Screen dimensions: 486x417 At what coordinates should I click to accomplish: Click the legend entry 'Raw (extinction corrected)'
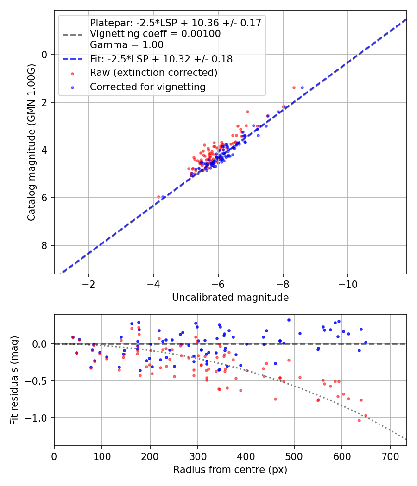tap(153, 73)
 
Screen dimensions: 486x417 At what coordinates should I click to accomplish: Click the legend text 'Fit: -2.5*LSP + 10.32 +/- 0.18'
tap(161, 59)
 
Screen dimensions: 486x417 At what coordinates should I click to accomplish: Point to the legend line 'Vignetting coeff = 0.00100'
tap(155, 34)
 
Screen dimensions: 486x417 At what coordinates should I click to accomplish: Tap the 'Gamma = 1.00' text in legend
tap(126, 45)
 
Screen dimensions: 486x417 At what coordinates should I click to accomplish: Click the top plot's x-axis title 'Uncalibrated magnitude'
tap(230, 298)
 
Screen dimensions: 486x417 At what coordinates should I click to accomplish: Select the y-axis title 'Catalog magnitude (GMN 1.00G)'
tap(31, 142)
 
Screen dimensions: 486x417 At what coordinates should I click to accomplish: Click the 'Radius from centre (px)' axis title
tap(230, 470)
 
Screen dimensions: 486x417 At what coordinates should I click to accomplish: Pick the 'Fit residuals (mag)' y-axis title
tap(14, 380)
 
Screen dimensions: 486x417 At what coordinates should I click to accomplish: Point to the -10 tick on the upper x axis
tap(347, 284)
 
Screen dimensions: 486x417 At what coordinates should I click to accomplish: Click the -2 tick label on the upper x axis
tap(88, 284)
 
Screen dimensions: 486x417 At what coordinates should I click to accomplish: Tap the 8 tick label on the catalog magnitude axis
tap(45, 245)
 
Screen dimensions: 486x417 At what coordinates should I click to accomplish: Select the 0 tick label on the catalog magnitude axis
tap(45, 55)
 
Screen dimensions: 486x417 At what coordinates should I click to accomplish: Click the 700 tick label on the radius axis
tap(390, 456)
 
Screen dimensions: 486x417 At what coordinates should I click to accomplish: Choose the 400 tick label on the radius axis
tap(246, 456)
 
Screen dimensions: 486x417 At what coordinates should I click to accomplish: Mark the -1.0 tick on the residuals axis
tap(39, 418)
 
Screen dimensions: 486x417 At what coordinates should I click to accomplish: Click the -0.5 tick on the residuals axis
tap(39, 381)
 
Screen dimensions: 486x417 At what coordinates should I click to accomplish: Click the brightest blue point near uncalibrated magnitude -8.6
tap(303, 87)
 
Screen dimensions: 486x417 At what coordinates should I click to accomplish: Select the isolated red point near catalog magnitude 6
tap(158, 197)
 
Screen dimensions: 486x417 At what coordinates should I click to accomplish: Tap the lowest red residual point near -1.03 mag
tap(359, 420)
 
